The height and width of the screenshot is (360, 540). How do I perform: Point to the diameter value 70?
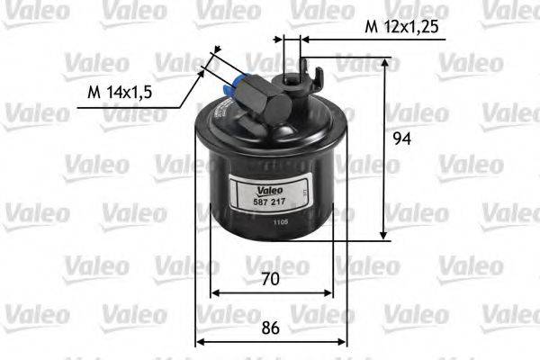tap(271, 279)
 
